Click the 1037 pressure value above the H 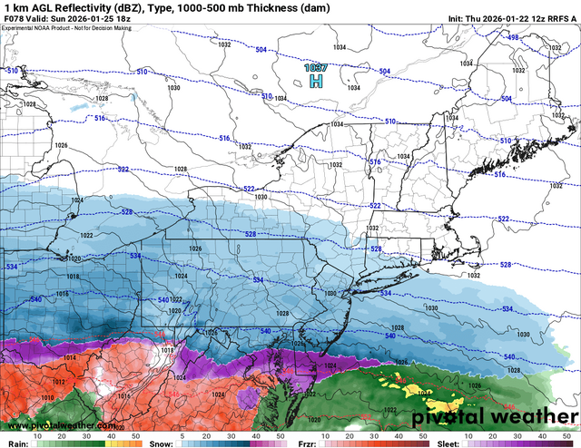point(315,68)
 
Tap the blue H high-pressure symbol point(316,82)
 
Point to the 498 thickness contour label point(513,37)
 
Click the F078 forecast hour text point(13,19)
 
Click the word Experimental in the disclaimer point(20,28)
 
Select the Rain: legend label point(14,443)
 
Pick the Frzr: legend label point(306,443)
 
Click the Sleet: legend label point(447,443)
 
